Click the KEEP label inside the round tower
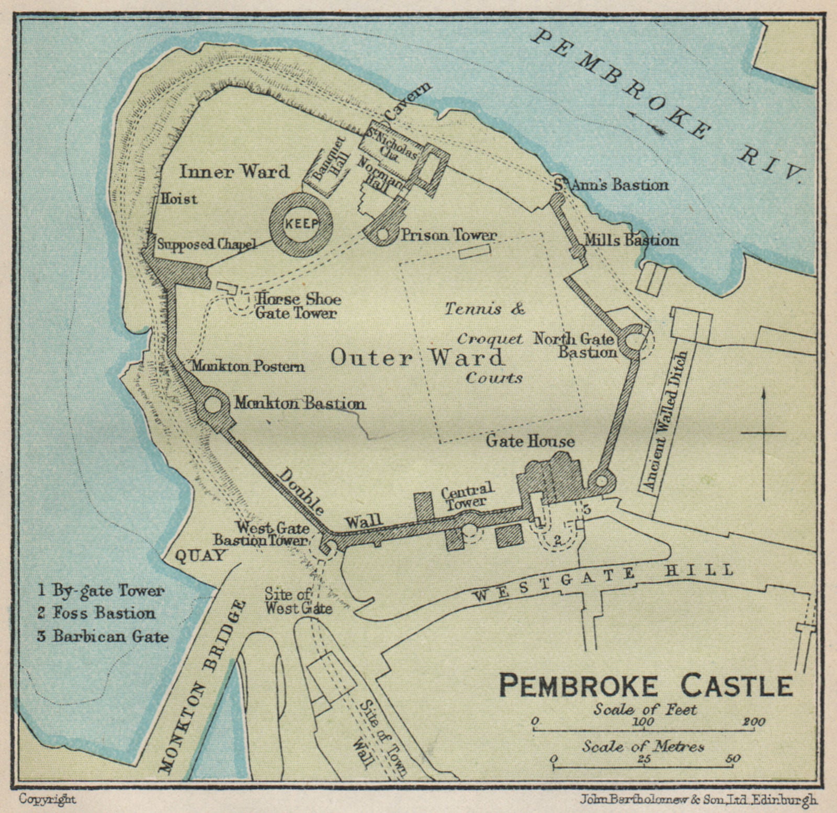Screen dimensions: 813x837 (x=301, y=224)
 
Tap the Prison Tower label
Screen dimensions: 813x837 (x=448, y=235)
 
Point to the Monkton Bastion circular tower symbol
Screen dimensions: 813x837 (x=213, y=405)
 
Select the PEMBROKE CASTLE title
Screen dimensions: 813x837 (x=646, y=685)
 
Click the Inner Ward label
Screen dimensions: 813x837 (x=234, y=171)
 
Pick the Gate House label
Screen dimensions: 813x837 (x=530, y=441)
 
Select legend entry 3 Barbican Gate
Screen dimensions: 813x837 (x=103, y=636)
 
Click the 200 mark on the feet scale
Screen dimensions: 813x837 (x=753, y=722)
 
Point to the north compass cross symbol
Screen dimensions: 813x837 (x=763, y=433)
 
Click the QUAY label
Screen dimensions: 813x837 (x=200, y=555)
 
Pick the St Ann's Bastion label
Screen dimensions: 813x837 (x=611, y=185)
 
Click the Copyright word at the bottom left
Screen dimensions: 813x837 (x=48, y=799)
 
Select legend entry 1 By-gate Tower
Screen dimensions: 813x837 (x=100, y=591)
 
